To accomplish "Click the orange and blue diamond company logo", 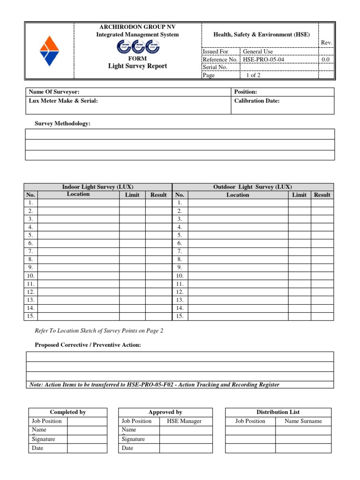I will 49,52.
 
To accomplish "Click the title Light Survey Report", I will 137,66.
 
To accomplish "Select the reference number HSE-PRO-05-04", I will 263,60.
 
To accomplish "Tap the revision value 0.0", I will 326,60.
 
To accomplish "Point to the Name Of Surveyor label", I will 51,92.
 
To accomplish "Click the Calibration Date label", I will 256,101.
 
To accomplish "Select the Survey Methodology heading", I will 63,123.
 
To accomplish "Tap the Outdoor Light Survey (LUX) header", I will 253,187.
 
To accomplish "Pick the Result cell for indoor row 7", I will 158,251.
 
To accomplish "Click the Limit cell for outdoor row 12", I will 299,292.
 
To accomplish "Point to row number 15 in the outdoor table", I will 180,316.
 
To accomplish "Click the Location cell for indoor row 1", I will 78,203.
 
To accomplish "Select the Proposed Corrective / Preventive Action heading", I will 88,345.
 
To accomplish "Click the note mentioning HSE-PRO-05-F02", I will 154,384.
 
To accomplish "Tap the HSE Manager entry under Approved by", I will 184,421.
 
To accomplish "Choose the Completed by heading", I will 68,412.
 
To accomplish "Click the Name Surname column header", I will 303,421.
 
